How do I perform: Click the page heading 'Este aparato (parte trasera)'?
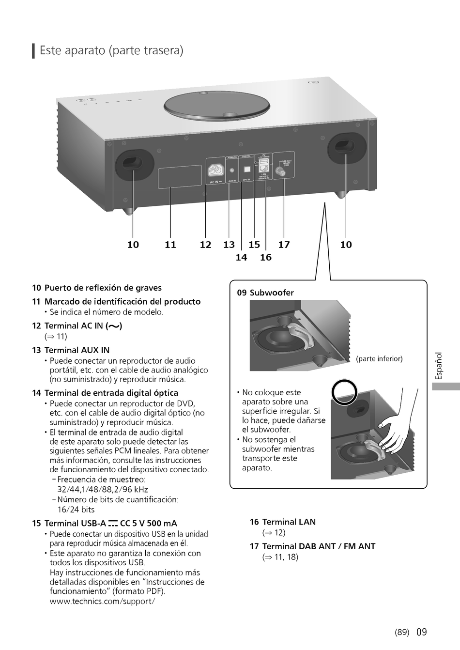pyautogui.click(x=111, y=50)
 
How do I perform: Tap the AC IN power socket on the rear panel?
pyautogui.click(x=215, y=170)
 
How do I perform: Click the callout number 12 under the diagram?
pyautogui.click(x=205, y=245)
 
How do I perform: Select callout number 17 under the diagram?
pyautogui.click(x=284, y=245)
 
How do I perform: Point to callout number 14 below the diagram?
pyautogui.click(x=241, y=257)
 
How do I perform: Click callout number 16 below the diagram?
pyautogui.click(x=265, y=257)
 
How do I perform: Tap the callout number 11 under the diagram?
pyautogui.click(x=170, y=245)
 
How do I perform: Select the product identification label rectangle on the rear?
pyautogui.click(x=180, y=176)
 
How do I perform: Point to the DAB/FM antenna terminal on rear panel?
pyautogui.click(x=280, y=171)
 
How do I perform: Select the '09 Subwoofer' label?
pyautogui.click(x=265, y=293)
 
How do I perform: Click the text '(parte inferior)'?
pyautogui.click(x=379, y=359)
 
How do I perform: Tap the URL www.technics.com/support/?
pyautogui.click(x=102, y=601)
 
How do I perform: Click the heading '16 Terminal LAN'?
pyautogui.click(x=283, y=522)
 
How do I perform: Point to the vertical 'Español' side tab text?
pyautogui.click(x=439, y=366)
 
